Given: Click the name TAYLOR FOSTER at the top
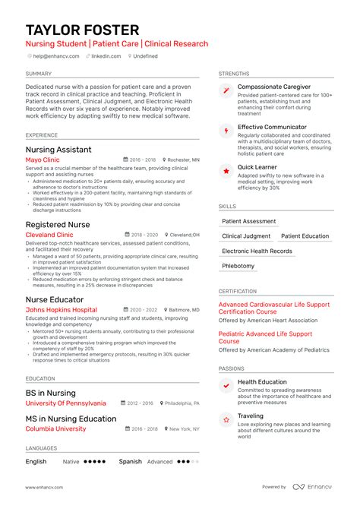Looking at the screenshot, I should click(x=82, y=30).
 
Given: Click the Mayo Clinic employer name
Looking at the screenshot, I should click(x=42, y=160).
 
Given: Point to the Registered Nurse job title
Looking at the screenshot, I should click(x=57, y=225).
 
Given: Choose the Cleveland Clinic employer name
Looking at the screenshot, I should click(x=51, y=236).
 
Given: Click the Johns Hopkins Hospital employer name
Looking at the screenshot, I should click(x=61, y=310).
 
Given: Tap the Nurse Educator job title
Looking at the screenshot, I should click(x=55, y=299).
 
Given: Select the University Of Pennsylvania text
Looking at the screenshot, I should click(x=65, y=403).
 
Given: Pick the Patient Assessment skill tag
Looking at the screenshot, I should click(x=248, y=221).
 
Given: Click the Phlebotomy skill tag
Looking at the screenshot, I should click(x=238, y=266).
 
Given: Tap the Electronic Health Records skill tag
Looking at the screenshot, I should click(x=257, y=251).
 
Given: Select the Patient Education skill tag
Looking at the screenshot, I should click(x=305, y=236).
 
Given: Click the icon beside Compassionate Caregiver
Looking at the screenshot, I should click(x=226, y=91).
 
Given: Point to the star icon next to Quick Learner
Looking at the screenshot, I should click(x=226, y=171).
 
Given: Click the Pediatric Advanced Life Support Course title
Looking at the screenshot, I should click(x=265, y=337).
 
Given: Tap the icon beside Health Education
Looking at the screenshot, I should click(x=226, y=386).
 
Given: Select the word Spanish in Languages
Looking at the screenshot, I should click(x=130, y=461).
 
